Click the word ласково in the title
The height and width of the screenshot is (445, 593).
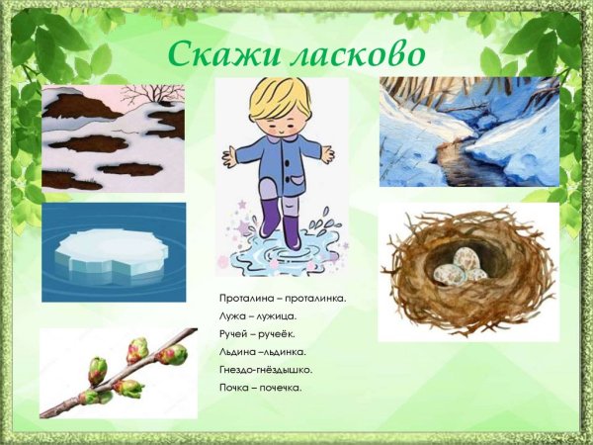(353, 53)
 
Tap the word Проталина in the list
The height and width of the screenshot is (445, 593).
(247, 298)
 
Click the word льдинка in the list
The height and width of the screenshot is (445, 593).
(284, 351)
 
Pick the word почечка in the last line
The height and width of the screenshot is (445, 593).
(282, 387)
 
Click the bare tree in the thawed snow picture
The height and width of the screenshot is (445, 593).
(153, 95)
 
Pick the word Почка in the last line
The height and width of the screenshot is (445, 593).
(235, 387)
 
